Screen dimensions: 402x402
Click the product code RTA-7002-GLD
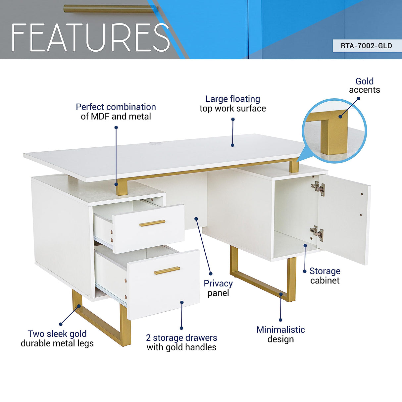(x=366, y=46)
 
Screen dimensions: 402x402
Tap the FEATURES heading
(x=90, y=38)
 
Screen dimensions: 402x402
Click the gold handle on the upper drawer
(x=152, y=223)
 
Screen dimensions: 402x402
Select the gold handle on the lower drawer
(x=167, y=271)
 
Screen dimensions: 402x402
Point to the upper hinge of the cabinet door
(x=318, y=188)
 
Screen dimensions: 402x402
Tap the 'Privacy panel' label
(x=218, y=288)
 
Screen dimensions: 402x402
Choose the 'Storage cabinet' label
(x=325, y=276)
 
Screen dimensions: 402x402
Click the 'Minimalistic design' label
(x=280, y=334)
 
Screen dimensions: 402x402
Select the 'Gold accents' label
(x=364, y=85)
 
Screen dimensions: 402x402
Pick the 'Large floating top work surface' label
(x=233, y=104)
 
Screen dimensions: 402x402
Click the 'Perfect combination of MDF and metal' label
(x=116, y=112)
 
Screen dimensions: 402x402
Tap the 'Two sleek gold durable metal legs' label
(x=57, y=338)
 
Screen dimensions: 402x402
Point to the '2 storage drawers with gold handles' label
(x=181, y=342)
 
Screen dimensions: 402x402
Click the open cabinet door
(x=344, y=219)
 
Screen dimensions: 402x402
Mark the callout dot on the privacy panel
(x=196, y=219)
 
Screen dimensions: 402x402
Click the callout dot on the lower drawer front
(x=182, y=302)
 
